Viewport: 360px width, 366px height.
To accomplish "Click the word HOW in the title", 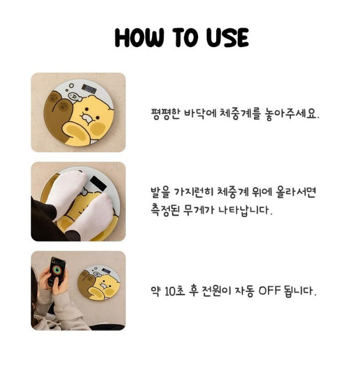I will coord(139,38).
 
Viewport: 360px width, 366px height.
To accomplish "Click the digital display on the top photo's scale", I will coord(90,89).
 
